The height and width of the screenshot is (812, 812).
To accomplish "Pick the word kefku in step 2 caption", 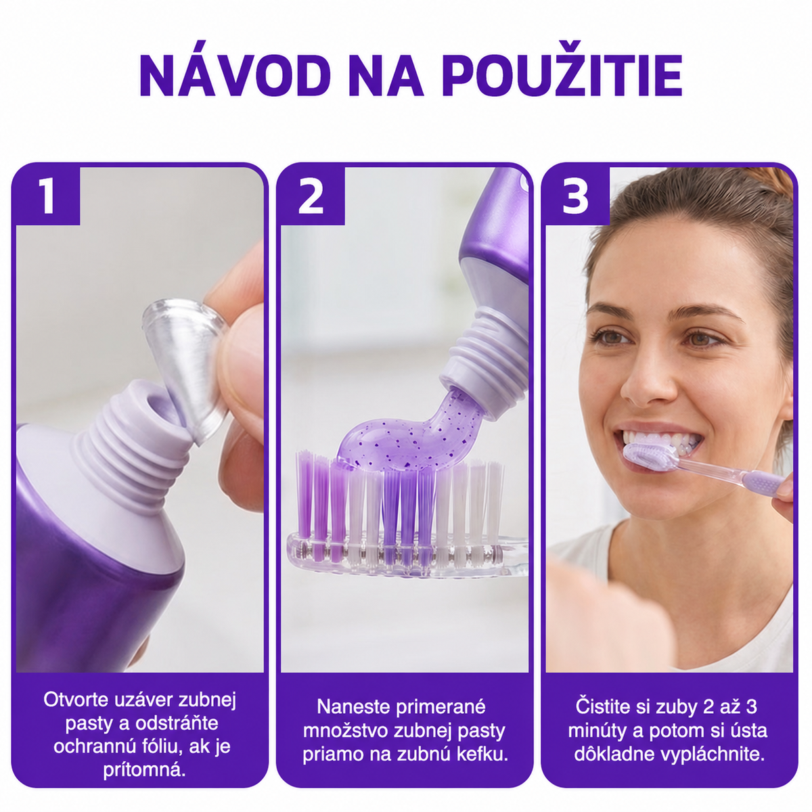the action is point(482,754).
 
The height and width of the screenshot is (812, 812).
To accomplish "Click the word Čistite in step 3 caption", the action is point(604,706).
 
